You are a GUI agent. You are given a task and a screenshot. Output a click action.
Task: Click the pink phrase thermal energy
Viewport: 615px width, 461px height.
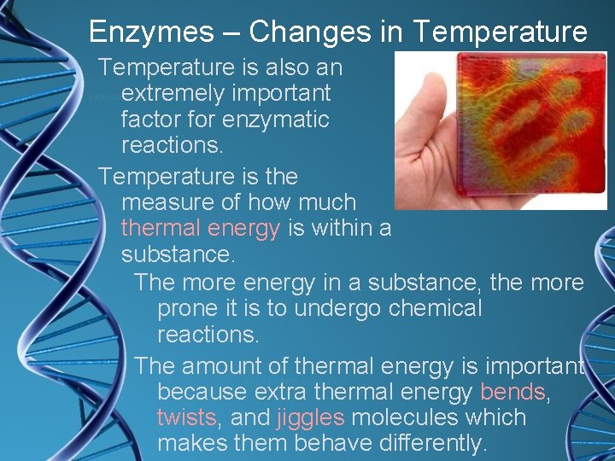(x=201, y=228)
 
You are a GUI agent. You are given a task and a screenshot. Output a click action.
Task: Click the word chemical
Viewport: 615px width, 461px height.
(x=436, y=307)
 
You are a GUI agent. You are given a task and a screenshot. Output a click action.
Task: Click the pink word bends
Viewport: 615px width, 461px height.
(x=512, y=392)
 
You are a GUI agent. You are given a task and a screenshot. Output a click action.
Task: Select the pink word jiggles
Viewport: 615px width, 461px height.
(x=311, y=417)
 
